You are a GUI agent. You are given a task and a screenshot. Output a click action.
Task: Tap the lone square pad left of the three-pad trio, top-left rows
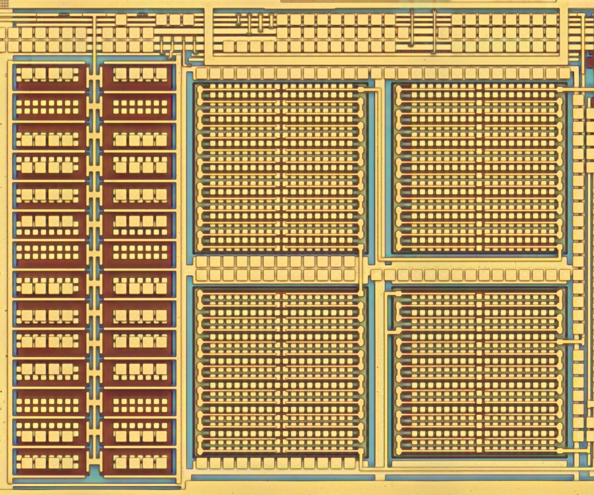121,20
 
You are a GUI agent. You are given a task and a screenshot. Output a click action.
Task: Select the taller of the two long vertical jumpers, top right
434,31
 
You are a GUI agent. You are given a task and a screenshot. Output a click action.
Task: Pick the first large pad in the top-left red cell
27,74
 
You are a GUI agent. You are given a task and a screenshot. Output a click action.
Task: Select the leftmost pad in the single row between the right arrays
376,275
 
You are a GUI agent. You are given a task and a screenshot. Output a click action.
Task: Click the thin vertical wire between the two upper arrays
380,169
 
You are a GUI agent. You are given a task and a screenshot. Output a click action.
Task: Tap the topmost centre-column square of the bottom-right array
479,296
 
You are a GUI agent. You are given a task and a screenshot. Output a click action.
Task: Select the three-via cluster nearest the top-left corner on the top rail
64,14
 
